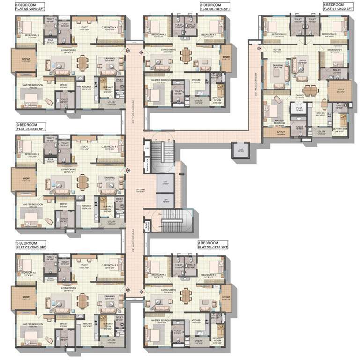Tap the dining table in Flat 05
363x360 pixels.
[82, 62]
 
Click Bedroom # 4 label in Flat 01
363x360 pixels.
[335, 50]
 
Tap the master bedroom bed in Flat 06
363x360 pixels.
[154, 93]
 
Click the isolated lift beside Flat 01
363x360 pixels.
[240, 150]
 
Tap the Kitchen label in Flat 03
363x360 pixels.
[87, 324]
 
